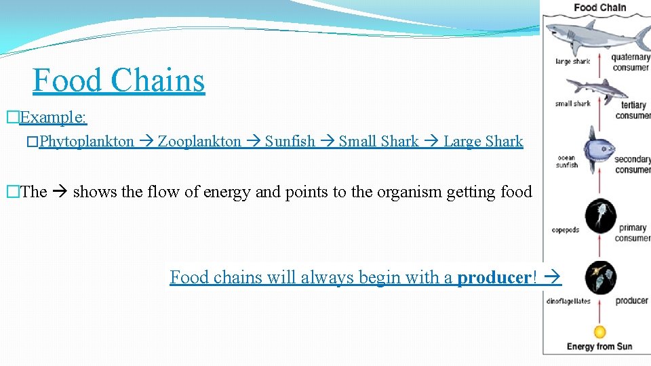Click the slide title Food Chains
[x=119, y=80]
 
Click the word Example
[x=53, y=117]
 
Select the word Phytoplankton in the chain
[x=87, y=142]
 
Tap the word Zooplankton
[x=199, y=142]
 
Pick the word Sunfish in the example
[x=290, y=142]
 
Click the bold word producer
[x=494, y=277]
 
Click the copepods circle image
[x=600, y=216]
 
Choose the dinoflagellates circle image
[x=601, y=277]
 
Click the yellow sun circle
[x=599, y=332]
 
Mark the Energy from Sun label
[x=599, y=347]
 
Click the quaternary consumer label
[x=631, y=62]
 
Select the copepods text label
[x=566, y=230]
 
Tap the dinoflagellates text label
[x=568, y=301]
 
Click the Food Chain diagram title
[x=599, y=8]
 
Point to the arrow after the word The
[x=60, y=192]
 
